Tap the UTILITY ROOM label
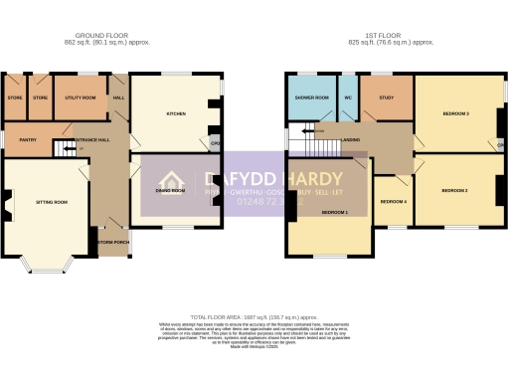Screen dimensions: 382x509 coord(80,98)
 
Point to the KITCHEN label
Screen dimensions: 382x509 coord(176,114)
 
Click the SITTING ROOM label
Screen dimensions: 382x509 coord(52,202)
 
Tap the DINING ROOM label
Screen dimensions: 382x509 coord(171,189)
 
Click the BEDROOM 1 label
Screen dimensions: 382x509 coord(334,213)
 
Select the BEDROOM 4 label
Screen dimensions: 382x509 coord(394,202)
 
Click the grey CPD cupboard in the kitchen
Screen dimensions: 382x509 coord(214,142)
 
